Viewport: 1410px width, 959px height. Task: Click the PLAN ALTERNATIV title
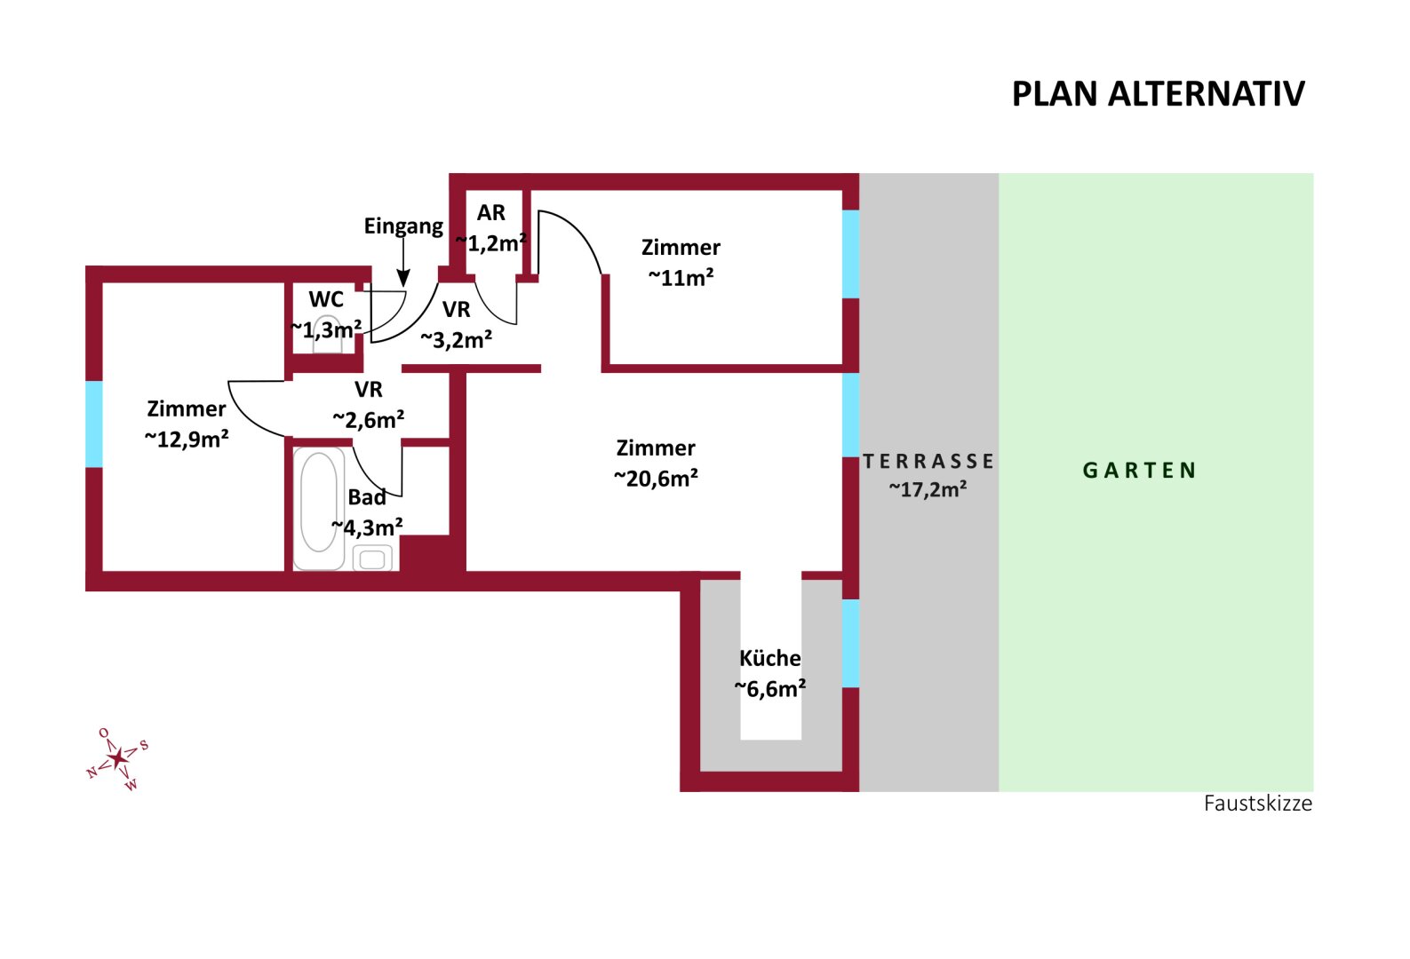[x=1158, y=94]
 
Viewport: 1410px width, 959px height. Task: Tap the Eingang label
[x=403, y=226]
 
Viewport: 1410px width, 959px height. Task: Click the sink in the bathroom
[x=372, y=559]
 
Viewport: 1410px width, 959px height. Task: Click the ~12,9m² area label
[x=187, y=439]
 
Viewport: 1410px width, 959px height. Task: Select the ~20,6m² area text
[x=656, y=479]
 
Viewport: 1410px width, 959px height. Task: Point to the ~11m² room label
[x=681, y=278]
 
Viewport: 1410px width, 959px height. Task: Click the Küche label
[x=769, y=658]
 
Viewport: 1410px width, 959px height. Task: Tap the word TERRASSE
[x=928, y=462]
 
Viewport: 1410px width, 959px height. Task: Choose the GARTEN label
[x=1140, y=471]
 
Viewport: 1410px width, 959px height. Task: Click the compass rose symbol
[x=118, y=758]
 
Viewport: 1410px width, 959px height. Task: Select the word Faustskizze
[x=1257, y=804]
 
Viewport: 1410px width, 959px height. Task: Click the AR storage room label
[x=491, y=213]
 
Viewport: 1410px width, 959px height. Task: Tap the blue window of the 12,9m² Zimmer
[x=94, y=424]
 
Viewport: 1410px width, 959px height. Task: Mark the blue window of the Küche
[x=850, y=643]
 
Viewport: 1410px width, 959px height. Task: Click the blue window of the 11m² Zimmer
[x=850, y=254]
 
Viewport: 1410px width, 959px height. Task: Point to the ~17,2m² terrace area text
[x=928, y=489]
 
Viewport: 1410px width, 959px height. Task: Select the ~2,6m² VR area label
[x=368, y=419]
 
